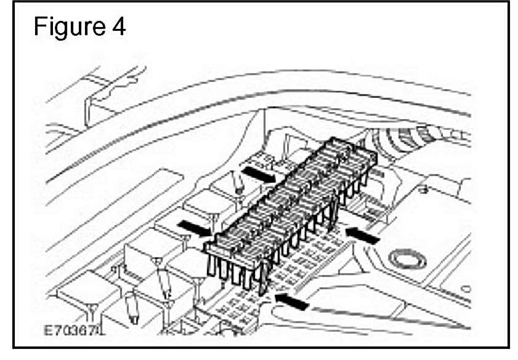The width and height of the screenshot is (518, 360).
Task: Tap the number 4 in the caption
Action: click(x=117, y=28)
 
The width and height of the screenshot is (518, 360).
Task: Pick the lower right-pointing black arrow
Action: click(x=192, y=227)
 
